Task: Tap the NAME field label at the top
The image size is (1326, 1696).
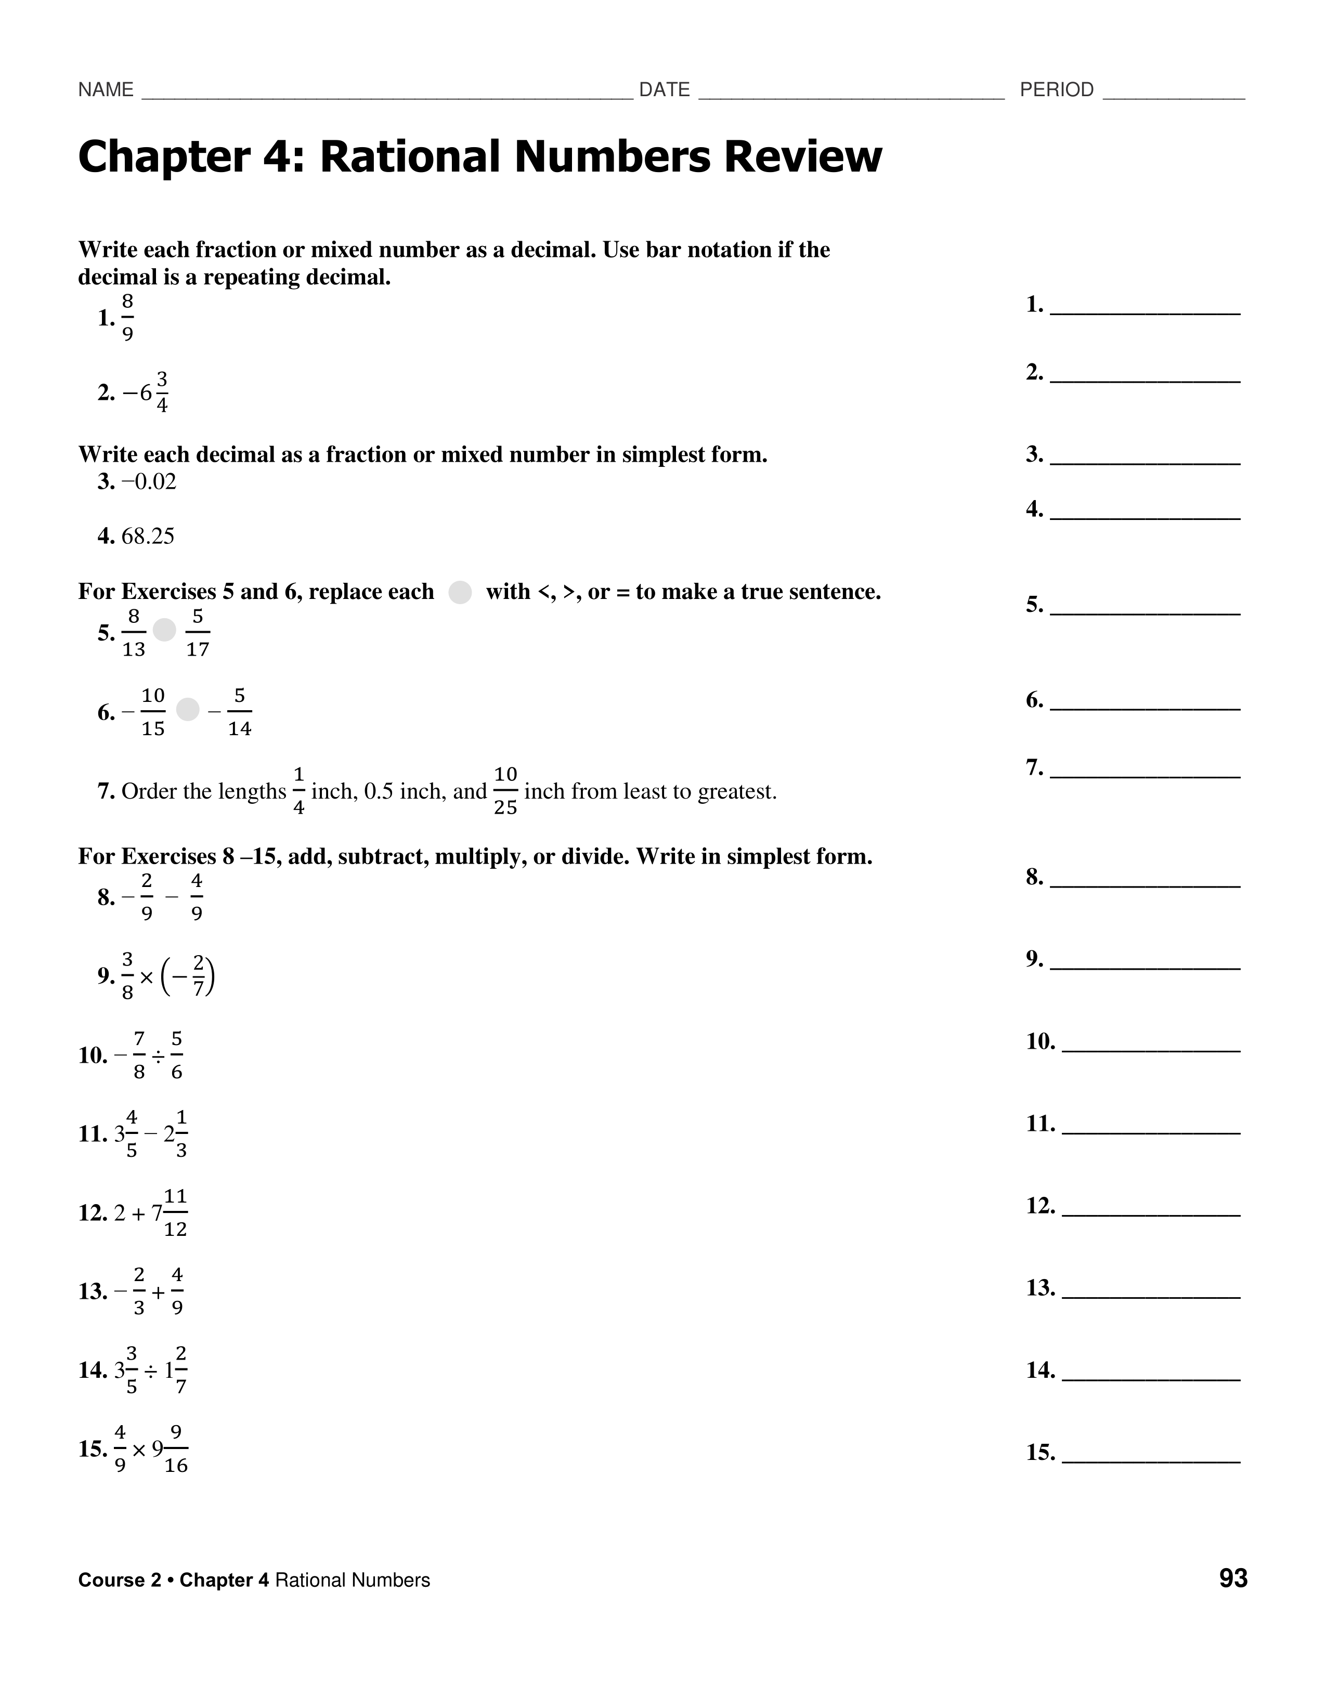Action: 106,90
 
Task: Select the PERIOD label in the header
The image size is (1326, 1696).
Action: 1057,90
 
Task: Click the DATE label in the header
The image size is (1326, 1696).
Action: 664,90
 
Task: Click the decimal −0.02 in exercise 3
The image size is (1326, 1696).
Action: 149,482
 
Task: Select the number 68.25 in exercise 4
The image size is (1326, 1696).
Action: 148,537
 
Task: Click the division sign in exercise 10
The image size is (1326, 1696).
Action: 158,1056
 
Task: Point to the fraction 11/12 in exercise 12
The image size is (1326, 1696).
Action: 176,1213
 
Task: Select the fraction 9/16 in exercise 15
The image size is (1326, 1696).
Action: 176,1449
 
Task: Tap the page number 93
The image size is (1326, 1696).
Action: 1233,1578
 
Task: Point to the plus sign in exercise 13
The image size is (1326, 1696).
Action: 159,1292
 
